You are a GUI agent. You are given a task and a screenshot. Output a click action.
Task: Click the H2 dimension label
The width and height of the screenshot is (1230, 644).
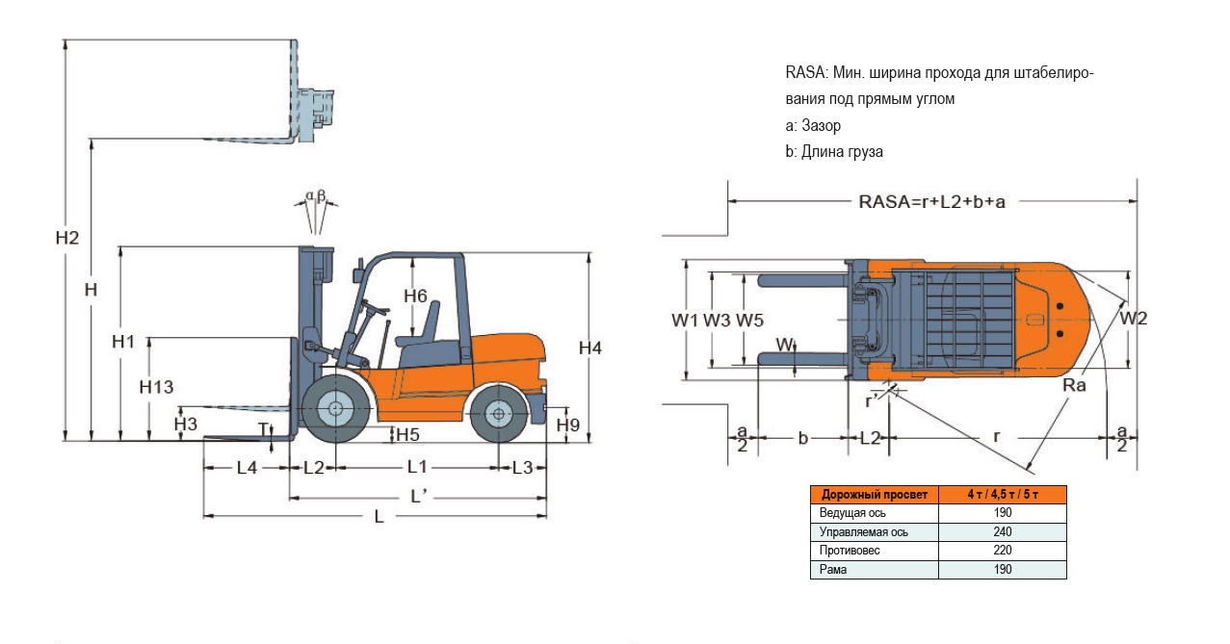click(x=66, y=238)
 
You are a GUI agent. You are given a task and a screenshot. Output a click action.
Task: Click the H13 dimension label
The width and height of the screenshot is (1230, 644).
click(x=156, y=387)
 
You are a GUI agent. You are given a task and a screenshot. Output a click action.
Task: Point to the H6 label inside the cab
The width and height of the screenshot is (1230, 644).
click(x=415, y=296)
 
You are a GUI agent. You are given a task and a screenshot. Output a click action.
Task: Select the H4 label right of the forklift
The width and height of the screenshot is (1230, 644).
click(x=589, y=348)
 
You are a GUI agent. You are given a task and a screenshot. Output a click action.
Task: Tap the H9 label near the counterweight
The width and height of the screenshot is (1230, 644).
click(x=567, y=425)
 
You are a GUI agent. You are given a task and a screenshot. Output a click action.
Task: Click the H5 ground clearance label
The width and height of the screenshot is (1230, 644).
click(x=407, y=433)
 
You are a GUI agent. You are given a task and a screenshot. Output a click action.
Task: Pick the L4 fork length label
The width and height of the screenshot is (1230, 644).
click(x=247, y=468)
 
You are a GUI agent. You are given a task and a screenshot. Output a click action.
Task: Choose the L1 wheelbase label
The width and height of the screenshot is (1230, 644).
click(x=417, y=467)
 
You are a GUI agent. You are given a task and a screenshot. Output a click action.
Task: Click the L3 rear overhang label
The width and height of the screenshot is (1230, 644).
click(x=522, y=468)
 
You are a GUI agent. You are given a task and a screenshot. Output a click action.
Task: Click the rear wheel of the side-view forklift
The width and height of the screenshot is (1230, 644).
click(x=498, y=414)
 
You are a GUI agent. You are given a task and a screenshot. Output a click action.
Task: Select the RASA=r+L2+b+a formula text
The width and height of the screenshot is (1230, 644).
click(x=931, y=201)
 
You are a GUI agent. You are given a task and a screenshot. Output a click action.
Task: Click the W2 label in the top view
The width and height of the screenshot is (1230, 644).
click(x=1134, y=319)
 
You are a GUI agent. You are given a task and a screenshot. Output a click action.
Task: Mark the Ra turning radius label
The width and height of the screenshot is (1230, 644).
click(x=1075, y=385)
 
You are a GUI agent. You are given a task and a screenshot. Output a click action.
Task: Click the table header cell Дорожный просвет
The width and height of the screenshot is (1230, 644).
click(x=874, y=495)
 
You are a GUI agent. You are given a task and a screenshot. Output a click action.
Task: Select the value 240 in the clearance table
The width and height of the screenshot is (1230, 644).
click(x=1002, y=531)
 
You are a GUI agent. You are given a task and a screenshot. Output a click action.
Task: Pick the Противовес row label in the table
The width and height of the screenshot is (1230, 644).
click(x=850, y=550)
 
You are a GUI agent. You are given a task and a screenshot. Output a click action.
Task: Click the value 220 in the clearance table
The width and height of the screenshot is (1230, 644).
click(x=1002, y=550)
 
